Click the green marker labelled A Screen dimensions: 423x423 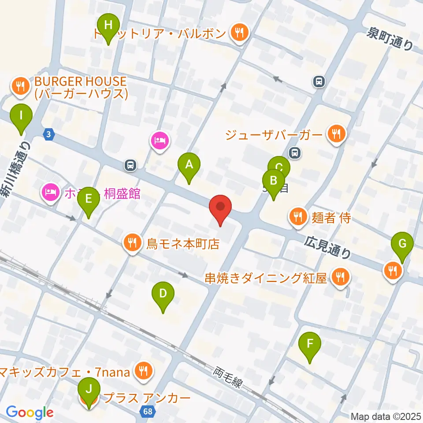[189, 165]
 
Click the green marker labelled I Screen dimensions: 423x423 [21, 116]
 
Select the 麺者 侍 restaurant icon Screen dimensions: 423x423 [298, 216]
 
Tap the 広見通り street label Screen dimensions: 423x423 [328, 247]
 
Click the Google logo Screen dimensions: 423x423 [30, 412]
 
